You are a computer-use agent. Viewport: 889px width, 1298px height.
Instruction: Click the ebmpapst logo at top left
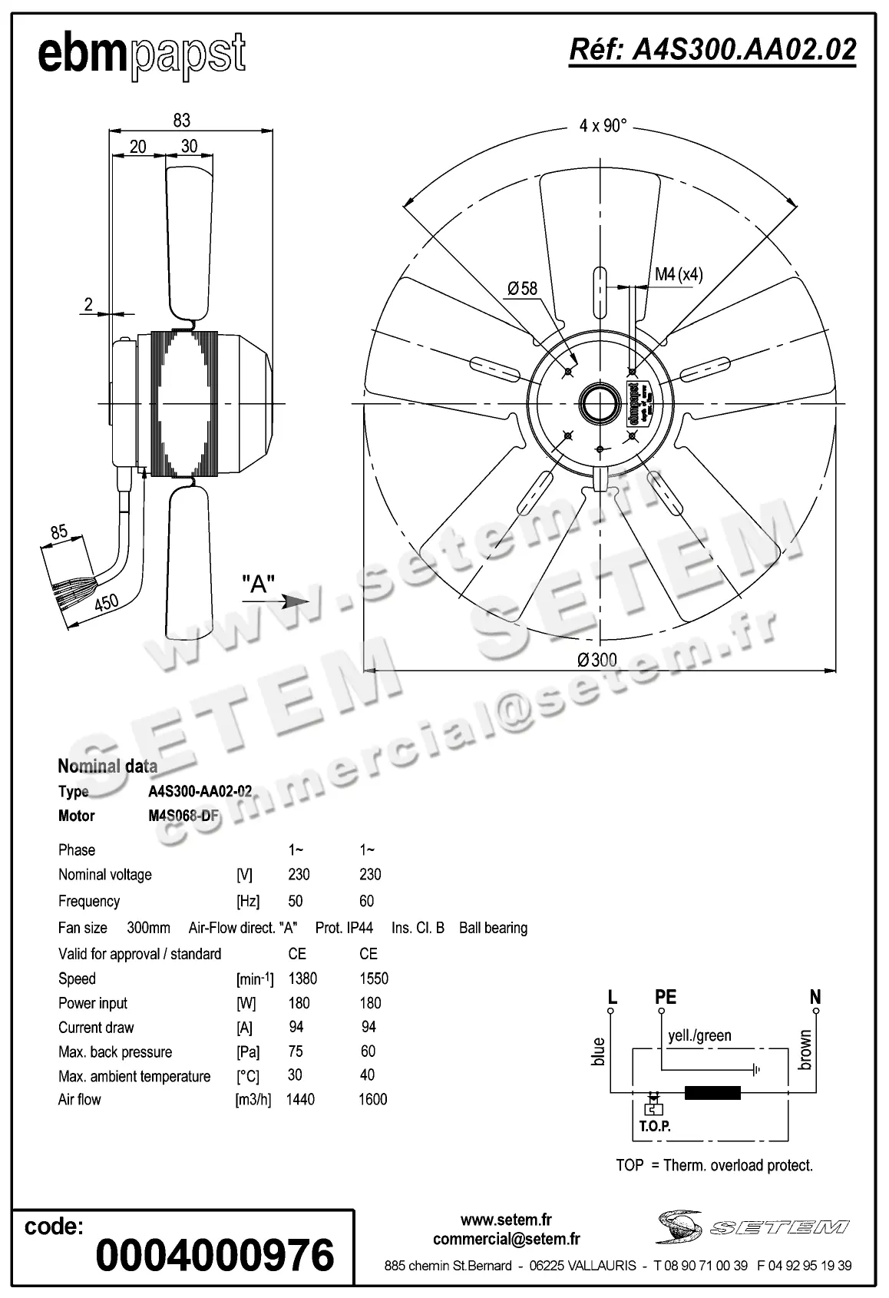click(x=142, y=55)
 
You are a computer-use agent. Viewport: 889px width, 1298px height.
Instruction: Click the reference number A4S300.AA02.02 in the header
click(x=712, y=50)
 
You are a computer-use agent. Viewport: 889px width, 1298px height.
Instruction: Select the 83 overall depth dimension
click(x=181, y=120)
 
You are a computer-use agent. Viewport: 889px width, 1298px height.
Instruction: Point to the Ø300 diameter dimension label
click(x=597, y=660)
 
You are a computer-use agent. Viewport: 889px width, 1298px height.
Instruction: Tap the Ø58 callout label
click(x=522, y=289)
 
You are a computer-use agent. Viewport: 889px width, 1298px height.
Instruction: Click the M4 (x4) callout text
click(x=678, y=274)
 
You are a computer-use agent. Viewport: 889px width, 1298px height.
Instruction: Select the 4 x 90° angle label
click(x=603, y=125)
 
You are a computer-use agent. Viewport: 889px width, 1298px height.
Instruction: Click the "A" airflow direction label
click(x=258, y=584)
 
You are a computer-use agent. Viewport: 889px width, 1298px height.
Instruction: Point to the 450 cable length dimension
click(x=107, y=603)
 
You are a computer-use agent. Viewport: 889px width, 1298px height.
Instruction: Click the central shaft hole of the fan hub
click(x=599, y=402)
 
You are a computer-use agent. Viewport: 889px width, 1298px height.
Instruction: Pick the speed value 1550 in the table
click(x=374, y=978)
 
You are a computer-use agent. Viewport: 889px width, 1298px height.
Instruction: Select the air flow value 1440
click(x=300, y=1099)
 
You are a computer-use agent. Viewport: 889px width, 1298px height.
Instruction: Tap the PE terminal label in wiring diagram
click(x=665, y=997)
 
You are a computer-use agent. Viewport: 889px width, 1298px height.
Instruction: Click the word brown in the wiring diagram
click(x=805, y=1049)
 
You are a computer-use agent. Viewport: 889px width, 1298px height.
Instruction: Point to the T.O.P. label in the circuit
click(x=655, y=1127)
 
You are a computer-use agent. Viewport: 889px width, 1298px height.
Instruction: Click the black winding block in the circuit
click(x=712, y=1092)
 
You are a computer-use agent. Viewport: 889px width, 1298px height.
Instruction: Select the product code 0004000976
click(x=215, y=1255)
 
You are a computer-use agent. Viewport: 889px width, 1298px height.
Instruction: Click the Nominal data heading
click(x=107, y=766)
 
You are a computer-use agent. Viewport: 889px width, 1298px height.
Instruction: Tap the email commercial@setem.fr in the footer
click(x=506, y=1239)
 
